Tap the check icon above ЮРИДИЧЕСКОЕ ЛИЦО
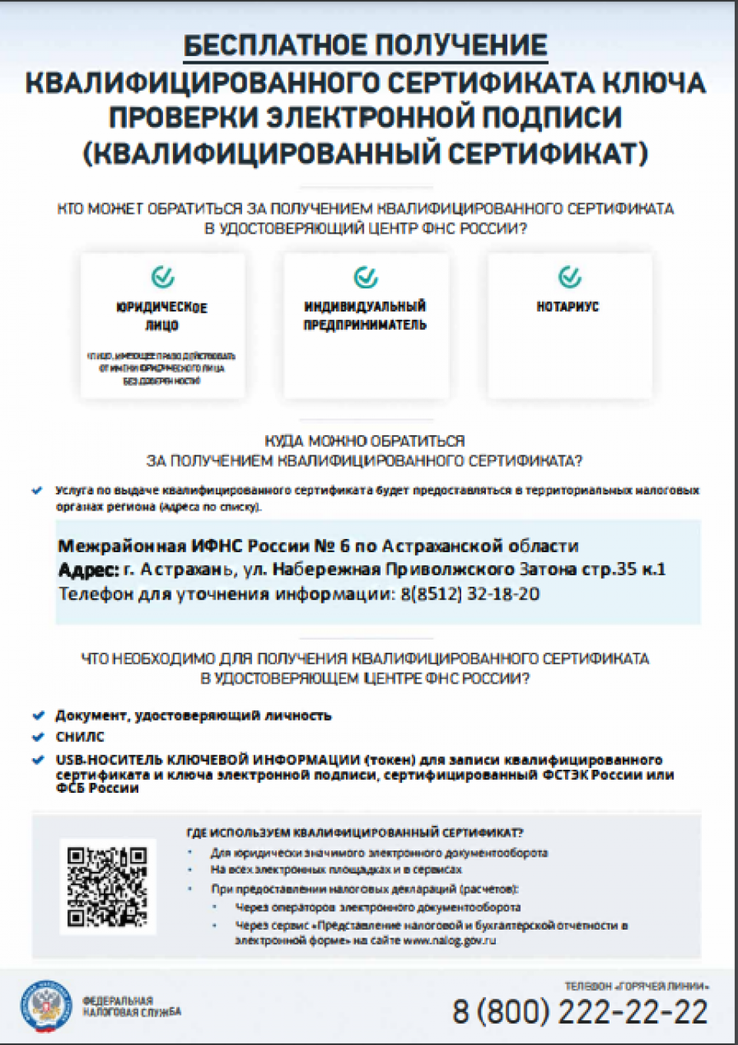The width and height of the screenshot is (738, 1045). click(x=163, y=277)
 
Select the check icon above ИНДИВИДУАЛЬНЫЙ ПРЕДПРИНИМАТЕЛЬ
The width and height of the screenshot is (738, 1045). click(x=366, y=277)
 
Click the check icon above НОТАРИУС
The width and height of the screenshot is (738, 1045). click(x=570, y=276)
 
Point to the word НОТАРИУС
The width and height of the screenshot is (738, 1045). click(x=567, y=307)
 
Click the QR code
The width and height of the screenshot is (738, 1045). click(x=107, y=887)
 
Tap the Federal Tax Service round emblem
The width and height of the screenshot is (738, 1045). click(x=46, y=1007)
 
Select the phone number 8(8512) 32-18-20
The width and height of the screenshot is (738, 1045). click(x=470, y=594)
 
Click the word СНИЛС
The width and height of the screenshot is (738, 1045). click(x=80, y=737)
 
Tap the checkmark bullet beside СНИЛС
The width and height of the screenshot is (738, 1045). click(x=38, y=737)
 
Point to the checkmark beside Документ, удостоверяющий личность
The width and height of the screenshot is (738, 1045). click(x=38, y=716)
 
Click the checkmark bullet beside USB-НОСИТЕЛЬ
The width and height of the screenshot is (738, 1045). click(x=38, y=760)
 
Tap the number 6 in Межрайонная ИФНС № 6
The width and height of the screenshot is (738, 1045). click(x=344, y=547)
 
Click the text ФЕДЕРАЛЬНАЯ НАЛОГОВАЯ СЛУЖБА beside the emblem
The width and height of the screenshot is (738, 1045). click(x=131, y=1007)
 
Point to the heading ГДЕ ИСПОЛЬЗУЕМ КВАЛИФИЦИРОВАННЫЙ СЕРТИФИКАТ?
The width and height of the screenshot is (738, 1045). click(x=354, y=833)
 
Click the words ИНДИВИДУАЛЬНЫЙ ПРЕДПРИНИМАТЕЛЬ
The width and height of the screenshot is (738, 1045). click(x=365, y=315)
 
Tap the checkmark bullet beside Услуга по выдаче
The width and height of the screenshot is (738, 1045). click(x=37, y=491)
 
